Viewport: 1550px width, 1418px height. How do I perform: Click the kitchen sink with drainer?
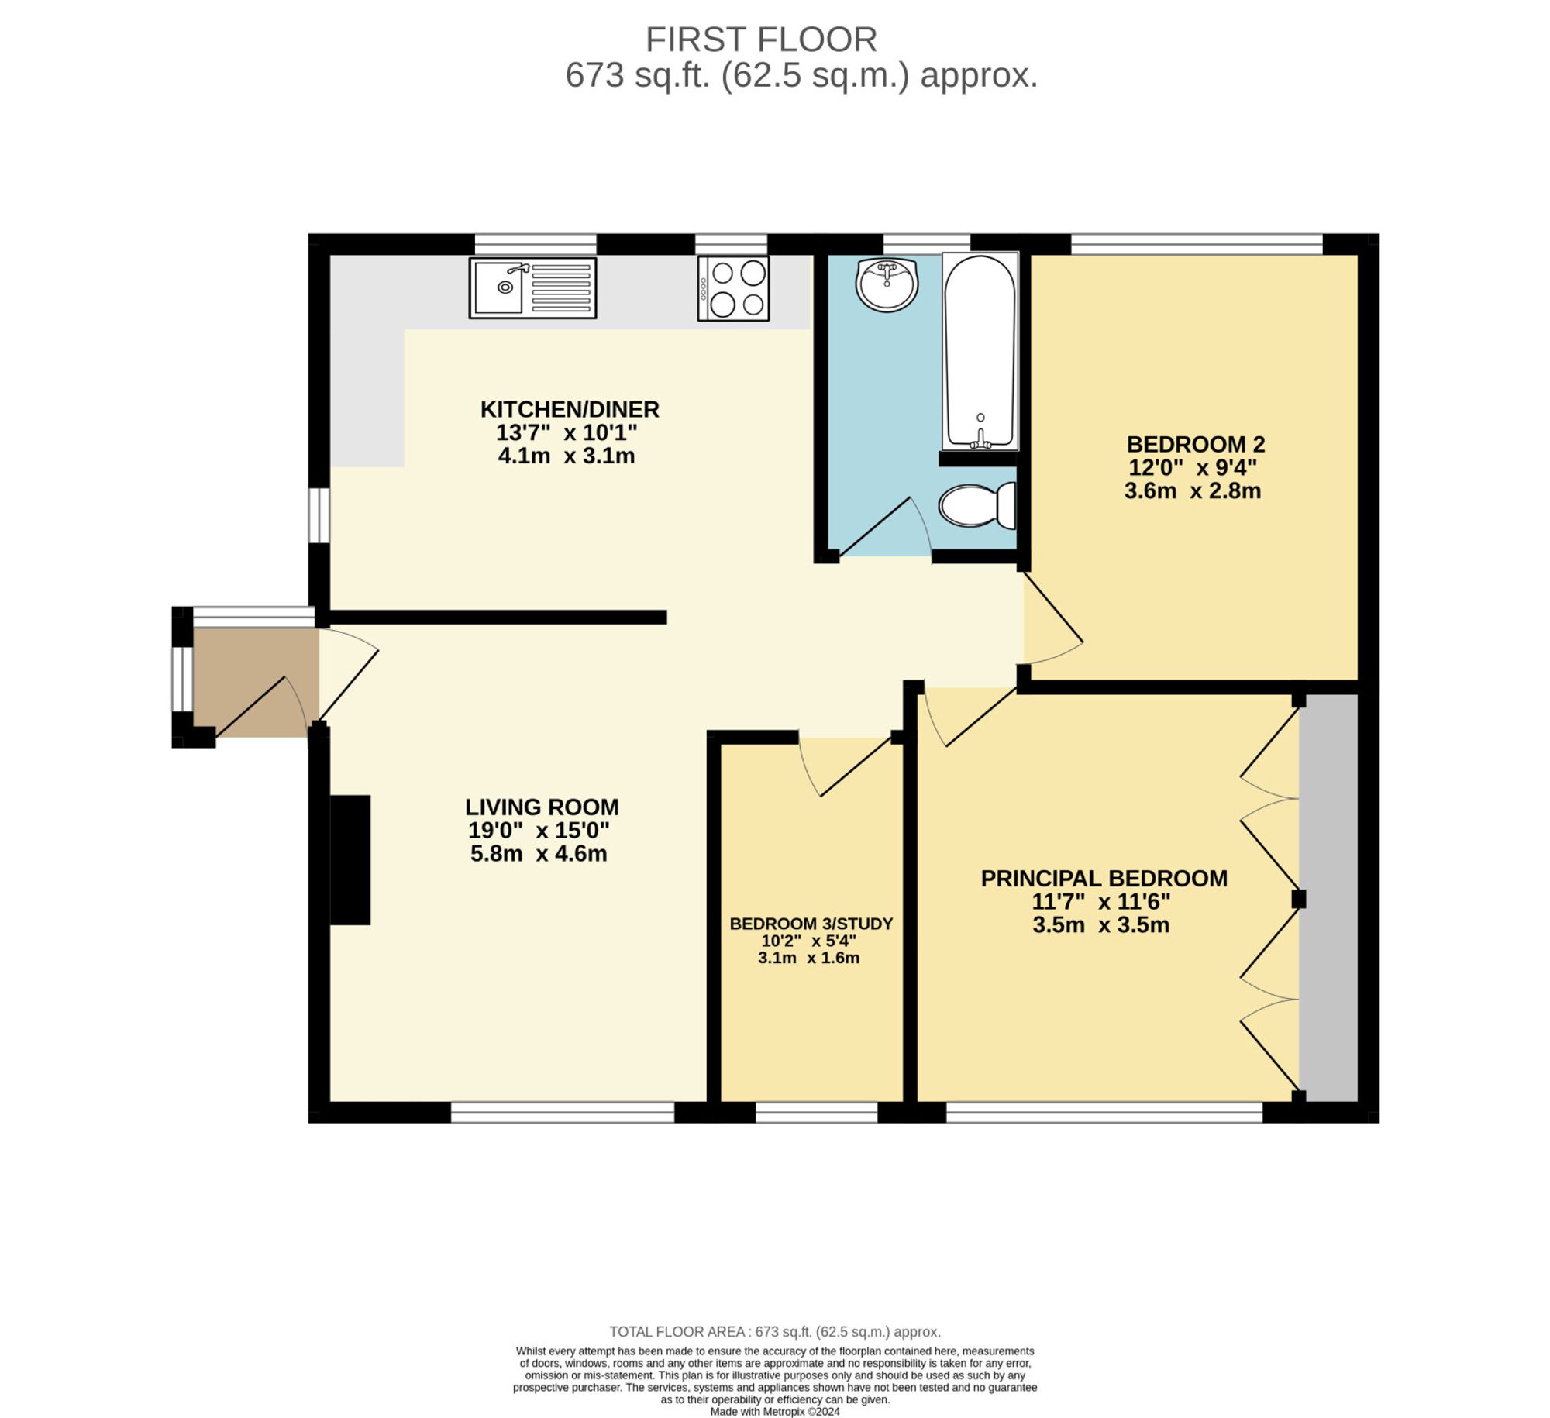[532, 288]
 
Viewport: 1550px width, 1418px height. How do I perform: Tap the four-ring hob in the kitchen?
[733, 288]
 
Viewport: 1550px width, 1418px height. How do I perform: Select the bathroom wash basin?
[887, 284]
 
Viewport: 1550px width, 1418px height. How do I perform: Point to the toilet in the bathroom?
[976, 505]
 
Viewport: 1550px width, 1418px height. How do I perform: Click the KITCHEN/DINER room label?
[570, 409]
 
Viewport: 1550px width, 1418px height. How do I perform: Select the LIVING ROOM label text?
[542, 807]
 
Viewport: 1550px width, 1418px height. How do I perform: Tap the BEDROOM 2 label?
[1195, 445]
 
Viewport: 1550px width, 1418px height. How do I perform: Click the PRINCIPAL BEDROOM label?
[1104, 879]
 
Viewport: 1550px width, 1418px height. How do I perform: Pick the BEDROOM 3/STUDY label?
[811, 924]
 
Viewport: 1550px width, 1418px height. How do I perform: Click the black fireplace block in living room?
[350, 859]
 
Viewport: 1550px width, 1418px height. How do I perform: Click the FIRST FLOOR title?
[761, 40]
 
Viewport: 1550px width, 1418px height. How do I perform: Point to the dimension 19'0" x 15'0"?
[539, 831]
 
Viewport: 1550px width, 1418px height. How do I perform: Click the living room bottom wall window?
[563, 1113]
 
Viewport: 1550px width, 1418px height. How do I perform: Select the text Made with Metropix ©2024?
[775, 1412]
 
